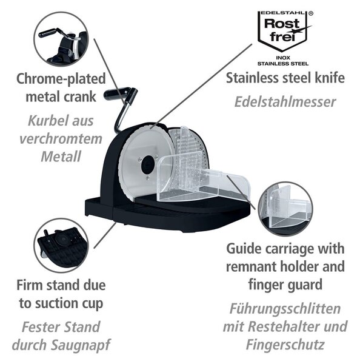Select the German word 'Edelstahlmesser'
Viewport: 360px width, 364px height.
[285, 102]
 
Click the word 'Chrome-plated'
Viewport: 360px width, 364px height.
[61, 79]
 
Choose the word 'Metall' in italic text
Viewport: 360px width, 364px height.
[61, 157]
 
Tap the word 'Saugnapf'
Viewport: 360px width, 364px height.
[80, 345]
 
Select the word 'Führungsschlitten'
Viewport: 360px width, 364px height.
[285, 309]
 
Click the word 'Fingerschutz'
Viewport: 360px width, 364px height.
[285, 345]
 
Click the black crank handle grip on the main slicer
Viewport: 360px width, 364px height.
[117, 93]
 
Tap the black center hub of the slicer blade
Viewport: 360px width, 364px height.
[147, 165]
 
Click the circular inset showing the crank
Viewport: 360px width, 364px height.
[61, 39]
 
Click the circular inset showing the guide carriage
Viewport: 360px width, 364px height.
[285, 209]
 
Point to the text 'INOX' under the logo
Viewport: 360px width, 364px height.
[283, 58]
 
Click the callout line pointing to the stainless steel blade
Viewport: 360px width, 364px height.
[201, 86]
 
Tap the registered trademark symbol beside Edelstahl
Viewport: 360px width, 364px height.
[311, 13]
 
